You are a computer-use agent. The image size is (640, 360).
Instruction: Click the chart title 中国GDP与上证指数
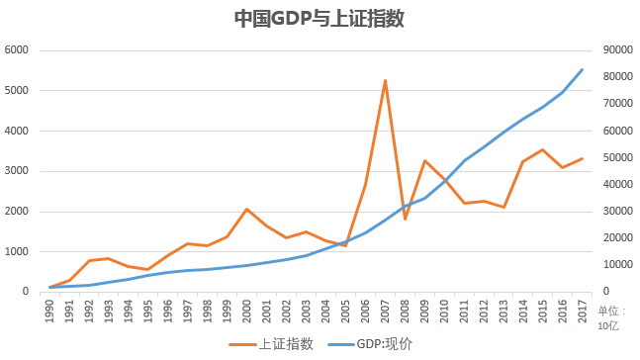[319, 19]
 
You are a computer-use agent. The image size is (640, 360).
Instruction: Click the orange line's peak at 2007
[385, 80]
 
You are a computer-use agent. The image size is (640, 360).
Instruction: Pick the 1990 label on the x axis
[49, 310]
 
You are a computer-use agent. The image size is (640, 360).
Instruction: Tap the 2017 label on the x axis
[582, 310]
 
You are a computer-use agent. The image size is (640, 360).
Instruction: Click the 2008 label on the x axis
[405, 310]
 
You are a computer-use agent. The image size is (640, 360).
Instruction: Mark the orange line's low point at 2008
[405, 219]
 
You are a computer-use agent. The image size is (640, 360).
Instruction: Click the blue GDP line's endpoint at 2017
[582, 69]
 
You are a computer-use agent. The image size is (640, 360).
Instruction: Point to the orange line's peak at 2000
[246, 209]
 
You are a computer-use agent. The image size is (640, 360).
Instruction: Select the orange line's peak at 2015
[542, 149]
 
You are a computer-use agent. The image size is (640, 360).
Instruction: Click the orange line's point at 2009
[424, 160]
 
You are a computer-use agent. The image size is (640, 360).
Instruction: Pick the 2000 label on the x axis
[246, 310]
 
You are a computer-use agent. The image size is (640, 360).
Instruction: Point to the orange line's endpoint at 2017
[582, 158]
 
